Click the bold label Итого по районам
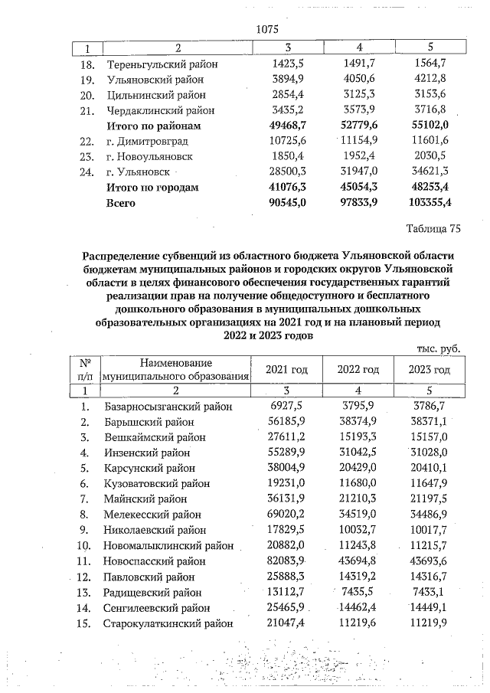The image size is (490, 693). pos(154,126)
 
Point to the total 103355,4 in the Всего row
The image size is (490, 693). pos(430,203)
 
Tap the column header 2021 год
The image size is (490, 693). pos(286,369)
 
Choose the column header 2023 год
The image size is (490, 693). pos(430,369)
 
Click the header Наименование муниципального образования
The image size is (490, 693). pos(177,369)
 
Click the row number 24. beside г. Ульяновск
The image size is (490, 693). pos(87,172)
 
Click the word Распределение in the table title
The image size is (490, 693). pos(127,253)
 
